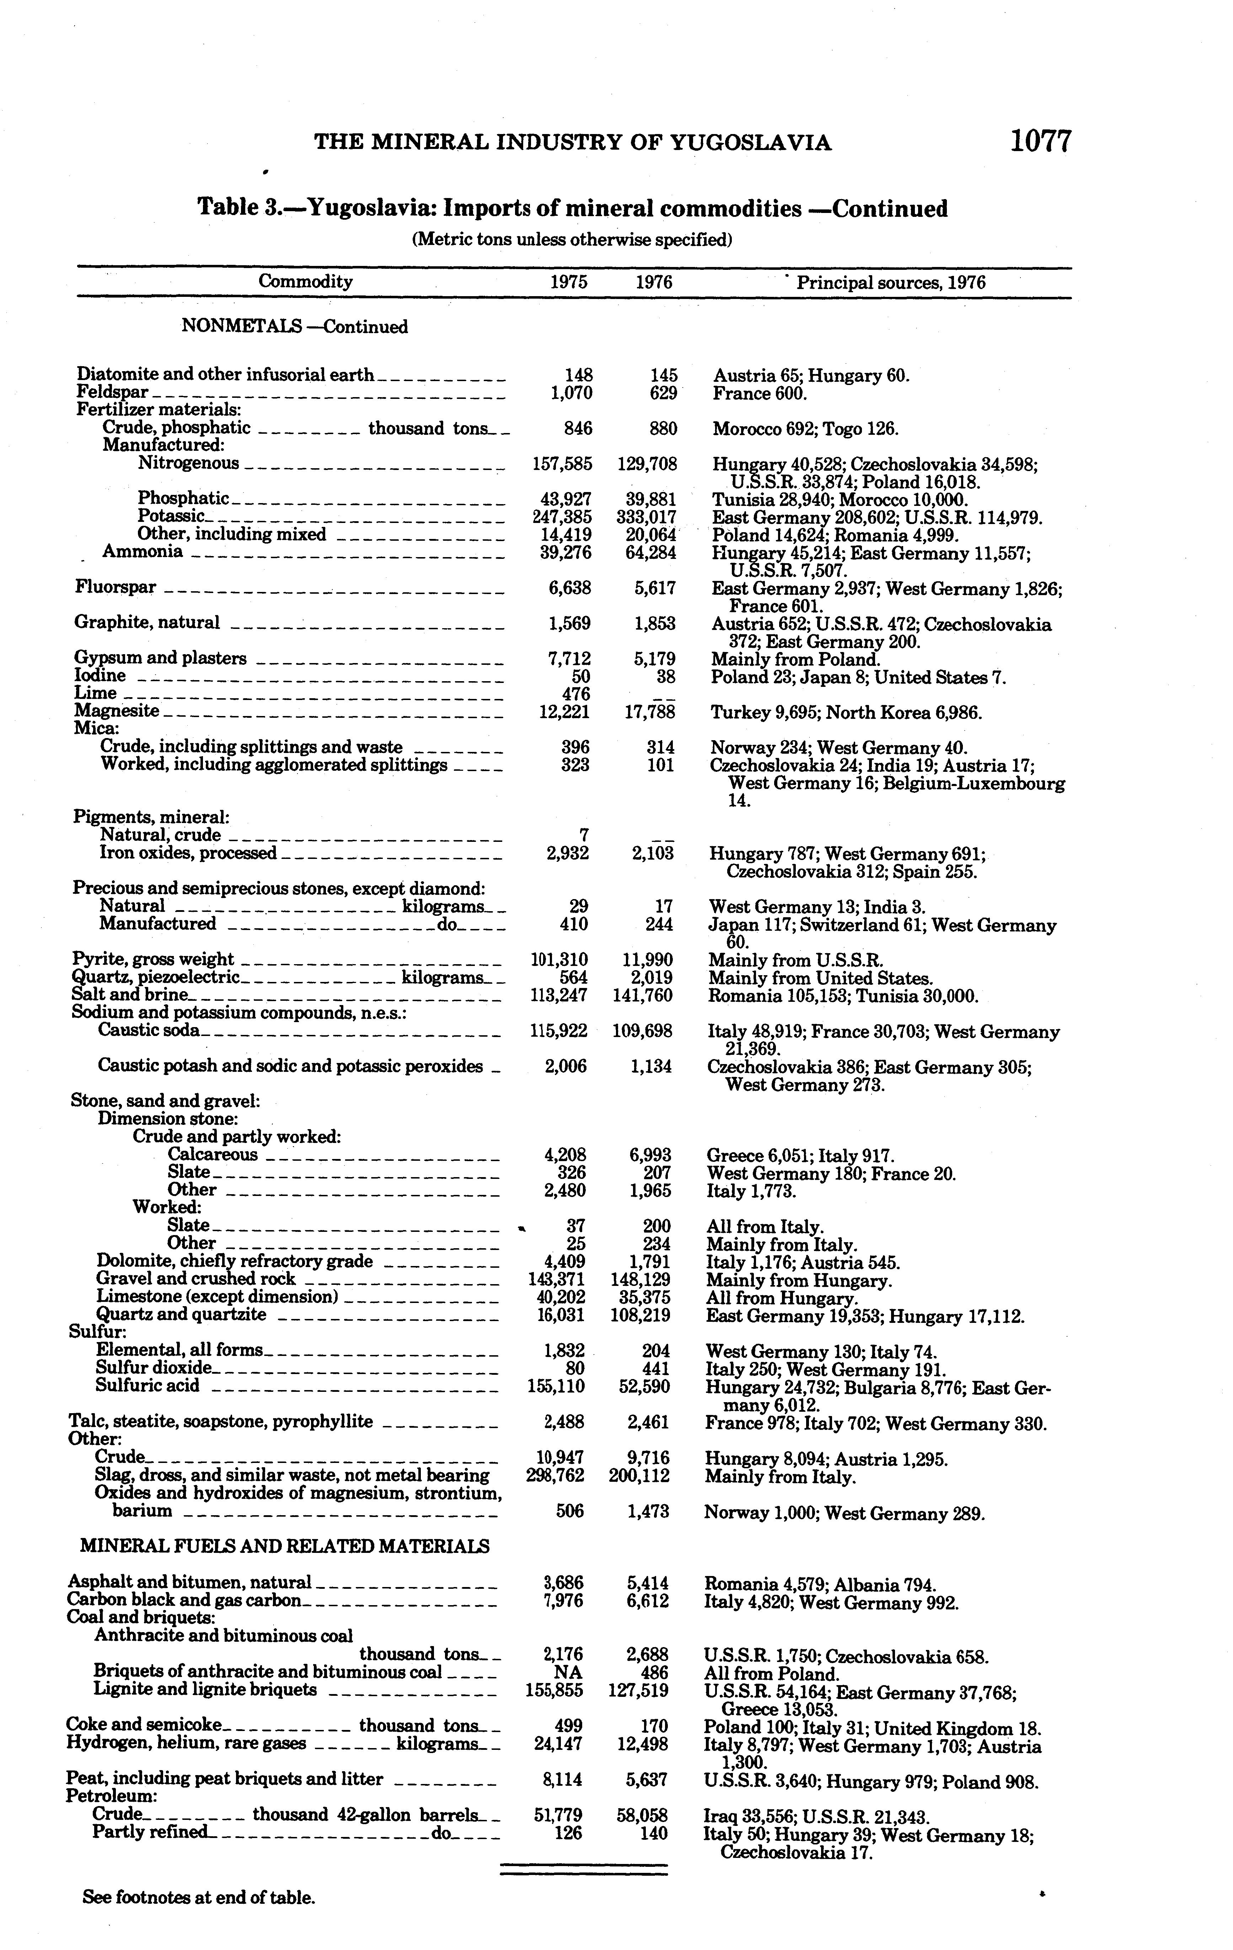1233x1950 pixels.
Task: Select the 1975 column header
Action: (x=568, y=283)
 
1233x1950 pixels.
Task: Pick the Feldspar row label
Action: (x=112, y=393)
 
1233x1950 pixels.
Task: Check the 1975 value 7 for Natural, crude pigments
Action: (x=584, y=835)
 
